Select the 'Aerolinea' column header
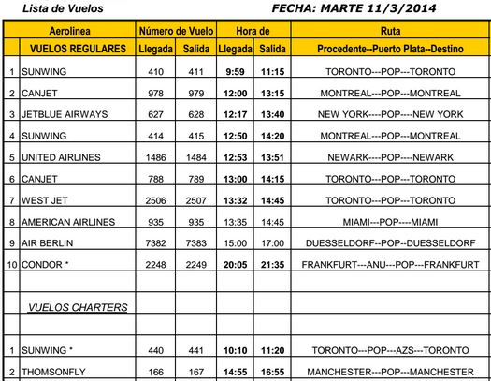[66, 32]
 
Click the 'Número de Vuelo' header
[174, 32]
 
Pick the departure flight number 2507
[195, 200]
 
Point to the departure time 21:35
[272, 264]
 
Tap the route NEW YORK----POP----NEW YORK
[390, 114]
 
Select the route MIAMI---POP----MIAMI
[390, 222]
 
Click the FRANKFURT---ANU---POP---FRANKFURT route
[390, 264]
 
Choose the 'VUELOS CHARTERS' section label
[78, 307]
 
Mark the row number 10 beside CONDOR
[11, 264]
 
